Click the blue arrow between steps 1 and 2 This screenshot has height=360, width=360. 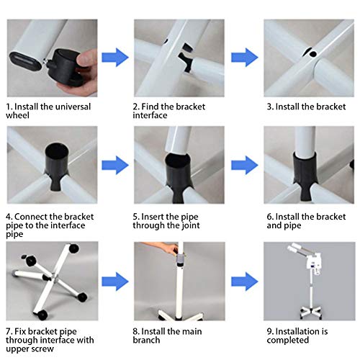coord(115,58)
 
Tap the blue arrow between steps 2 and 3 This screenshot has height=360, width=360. coord(245,58)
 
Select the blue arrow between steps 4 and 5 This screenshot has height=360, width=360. coord(115,165)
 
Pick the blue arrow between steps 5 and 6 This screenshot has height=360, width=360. coord(245,165)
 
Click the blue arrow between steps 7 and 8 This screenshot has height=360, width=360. coord(115,282)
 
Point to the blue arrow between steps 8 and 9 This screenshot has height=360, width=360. coord(245,282)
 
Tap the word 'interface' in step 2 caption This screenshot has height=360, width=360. coord(150,115)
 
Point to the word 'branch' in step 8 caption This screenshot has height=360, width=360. coord(146,340)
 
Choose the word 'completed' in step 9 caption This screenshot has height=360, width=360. coord(288,341)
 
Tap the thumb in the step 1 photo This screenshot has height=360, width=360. coord(87,59)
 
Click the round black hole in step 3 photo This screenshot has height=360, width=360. coord(312,53)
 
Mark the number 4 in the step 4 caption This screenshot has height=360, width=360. coord(9,217)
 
